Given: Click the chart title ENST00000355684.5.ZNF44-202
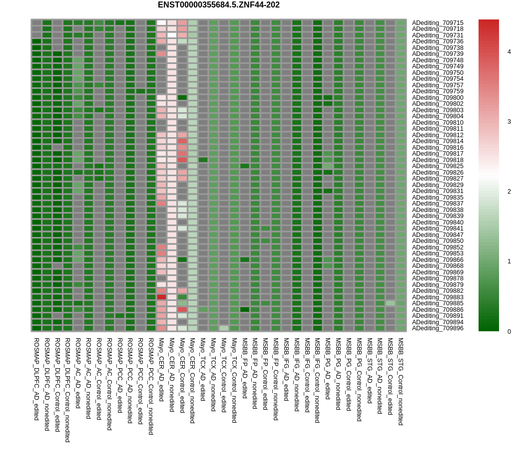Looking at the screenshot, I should [218, 5].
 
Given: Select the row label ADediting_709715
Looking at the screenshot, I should [438, 23].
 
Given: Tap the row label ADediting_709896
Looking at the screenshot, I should [438, 328].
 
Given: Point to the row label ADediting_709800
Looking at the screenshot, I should [438, 98].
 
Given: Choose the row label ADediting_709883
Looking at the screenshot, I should [438, 297].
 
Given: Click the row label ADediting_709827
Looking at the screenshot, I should [438, 179].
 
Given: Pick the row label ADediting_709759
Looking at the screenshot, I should [438, 91].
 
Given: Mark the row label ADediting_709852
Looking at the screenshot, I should [438, 247].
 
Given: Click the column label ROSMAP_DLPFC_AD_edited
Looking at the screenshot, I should [36, 379].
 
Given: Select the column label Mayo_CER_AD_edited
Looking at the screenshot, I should [161, 369].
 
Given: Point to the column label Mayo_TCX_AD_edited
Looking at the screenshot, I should [203, 369].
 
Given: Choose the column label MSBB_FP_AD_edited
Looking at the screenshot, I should [245, 368].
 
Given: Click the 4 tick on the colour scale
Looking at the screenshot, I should [509, 52].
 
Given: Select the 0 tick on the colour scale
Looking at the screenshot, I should [509, 332].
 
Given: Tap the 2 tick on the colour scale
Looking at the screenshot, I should [509, 192].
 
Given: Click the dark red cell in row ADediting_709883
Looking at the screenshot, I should [161, 297].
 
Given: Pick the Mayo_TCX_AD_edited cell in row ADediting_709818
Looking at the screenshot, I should [203, 160].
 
